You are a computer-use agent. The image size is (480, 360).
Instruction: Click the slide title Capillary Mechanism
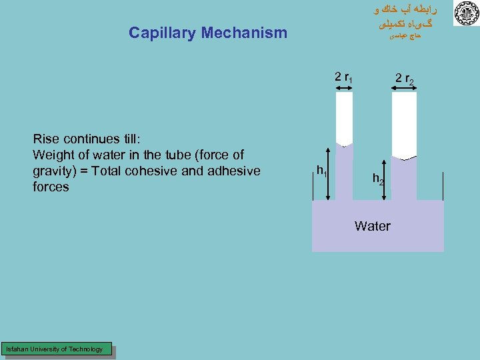click(x=207, y=33)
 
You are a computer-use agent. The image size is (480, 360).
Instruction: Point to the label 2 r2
click(x=404, y=79)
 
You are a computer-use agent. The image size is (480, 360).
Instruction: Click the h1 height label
click(x=321, y=170)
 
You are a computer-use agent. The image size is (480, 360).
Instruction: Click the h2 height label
click(x=377, y=179)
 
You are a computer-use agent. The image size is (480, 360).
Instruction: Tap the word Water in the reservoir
click(x=373, y=226)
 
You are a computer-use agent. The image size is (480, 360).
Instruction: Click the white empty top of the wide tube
click(x=404, y=123)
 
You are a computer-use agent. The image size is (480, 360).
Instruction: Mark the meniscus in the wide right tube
click(x=404, y=159)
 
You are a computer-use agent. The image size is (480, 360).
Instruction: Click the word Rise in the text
click(x=46, y=139)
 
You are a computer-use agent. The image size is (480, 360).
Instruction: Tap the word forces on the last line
click(x=51, y=187)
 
